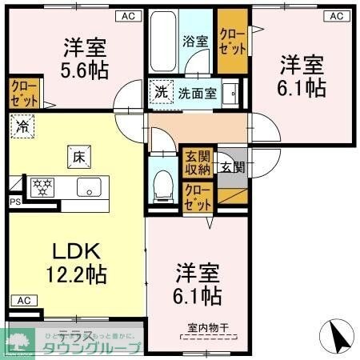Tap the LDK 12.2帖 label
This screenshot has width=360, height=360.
74,262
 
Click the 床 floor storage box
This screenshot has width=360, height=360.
78,157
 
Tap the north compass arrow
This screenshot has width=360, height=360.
338,335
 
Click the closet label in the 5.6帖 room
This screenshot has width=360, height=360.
22,93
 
